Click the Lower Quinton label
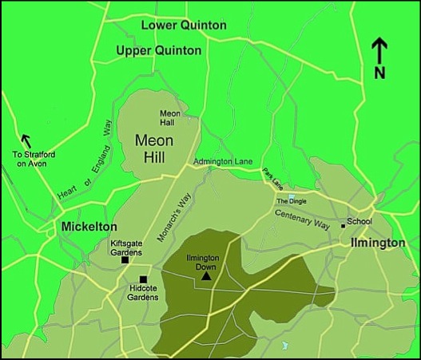click(183, 26)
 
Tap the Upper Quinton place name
click(159, 51)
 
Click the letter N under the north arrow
click(380, 73)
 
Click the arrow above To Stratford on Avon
click(26, 141)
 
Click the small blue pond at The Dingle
click(292, 196)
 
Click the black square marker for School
click(343, 226)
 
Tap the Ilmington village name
click(377, 243)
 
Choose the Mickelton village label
click(89, 227)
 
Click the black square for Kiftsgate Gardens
click(125, 260)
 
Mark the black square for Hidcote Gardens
click(143, 279)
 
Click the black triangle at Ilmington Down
click(206, 277)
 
